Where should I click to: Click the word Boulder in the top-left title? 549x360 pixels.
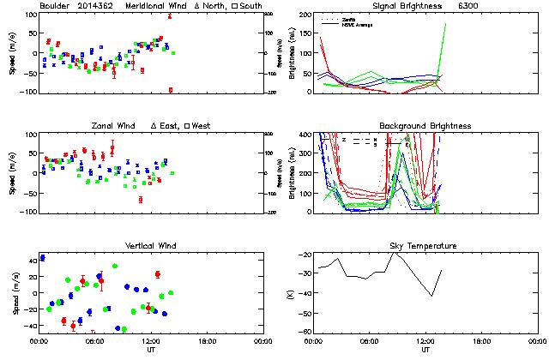pyautogui.click(x=53, y=6)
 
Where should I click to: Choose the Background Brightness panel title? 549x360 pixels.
pyautogui.click(x=425, y=126)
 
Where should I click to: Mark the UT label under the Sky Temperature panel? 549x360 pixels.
pyautogui.click(x=425, y=350)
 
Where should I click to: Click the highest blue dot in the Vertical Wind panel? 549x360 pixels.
pyautogui.click(x=42, y=258)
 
